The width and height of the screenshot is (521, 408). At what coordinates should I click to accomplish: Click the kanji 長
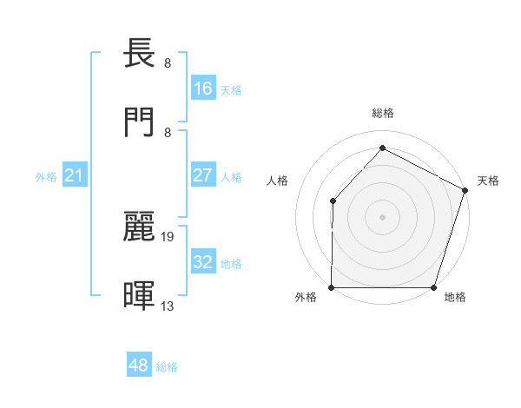141,54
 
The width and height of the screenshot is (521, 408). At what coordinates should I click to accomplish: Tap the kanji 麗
141,226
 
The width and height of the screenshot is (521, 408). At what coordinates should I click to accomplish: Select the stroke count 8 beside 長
168,63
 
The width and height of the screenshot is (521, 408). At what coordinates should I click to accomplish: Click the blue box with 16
203,89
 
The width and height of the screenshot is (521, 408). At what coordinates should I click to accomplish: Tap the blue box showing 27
203,175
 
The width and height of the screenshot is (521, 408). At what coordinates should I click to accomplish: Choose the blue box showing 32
203,262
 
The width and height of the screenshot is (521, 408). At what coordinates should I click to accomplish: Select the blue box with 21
75,176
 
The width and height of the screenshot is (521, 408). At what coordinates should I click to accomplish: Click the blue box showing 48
139,365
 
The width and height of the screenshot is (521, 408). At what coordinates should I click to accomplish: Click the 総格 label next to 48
168,367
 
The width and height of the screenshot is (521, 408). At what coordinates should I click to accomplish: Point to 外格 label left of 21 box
46,177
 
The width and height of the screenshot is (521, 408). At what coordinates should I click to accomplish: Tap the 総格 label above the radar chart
383,113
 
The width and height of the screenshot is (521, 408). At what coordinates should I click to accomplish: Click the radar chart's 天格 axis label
489,181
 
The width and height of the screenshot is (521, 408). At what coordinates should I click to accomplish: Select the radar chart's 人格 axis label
277,181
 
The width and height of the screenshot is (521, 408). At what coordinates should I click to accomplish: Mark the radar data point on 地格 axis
434,287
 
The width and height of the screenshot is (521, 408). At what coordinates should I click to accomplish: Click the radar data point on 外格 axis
332,287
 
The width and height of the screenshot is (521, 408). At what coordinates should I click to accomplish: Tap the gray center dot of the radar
383,216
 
